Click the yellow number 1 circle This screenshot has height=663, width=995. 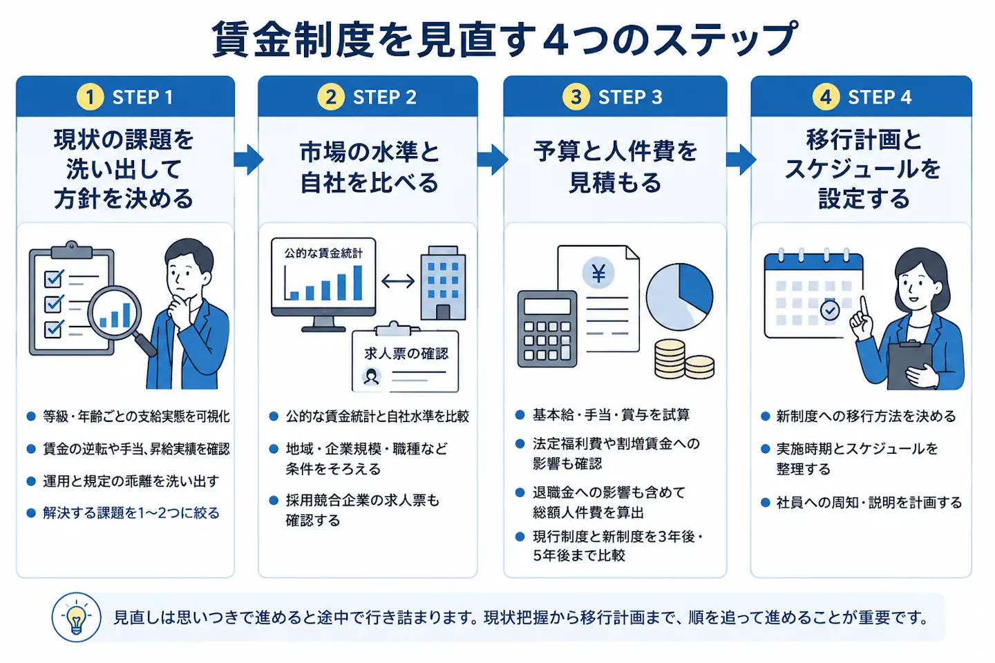coord(90,97)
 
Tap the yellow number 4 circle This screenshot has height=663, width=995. coord(825,97)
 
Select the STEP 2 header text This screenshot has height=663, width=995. coord(385,97)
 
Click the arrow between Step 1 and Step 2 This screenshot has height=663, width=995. coord(248,160)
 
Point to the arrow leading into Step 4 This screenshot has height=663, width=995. coord(741,160)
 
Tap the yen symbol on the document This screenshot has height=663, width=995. coord(598,273)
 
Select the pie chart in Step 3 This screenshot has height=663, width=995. coord(679,297)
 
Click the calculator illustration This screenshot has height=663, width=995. coord(547,329)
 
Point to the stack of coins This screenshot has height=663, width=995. coord(684,359)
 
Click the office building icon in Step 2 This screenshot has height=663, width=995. coord(443,283)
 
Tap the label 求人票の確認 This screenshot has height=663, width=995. coord(406,354)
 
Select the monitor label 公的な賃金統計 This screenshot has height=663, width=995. coord(323,253)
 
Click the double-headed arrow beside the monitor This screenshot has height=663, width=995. coord(398,280)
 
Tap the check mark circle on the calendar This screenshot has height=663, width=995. coord(829,310)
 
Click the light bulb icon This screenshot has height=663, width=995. coord(77,617)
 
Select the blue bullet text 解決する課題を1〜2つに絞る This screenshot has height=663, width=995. coord(131,513)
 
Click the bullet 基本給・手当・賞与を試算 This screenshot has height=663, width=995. coord(611,415)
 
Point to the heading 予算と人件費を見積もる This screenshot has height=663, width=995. coord(615,167)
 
